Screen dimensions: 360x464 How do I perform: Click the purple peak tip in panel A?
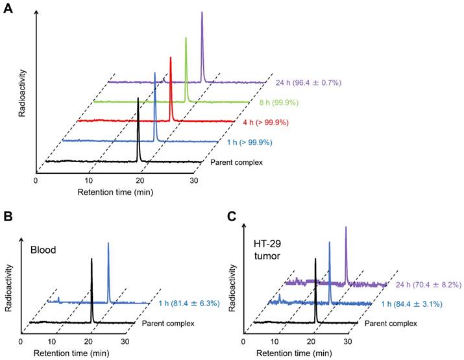point(202,12)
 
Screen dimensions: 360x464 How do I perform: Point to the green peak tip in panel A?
point(186,38)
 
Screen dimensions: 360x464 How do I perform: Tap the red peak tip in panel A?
point(171,58)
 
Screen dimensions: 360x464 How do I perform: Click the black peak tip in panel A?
point(138,98)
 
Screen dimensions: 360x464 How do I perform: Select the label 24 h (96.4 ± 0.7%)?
point(309,83)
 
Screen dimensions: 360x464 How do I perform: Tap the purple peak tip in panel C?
point(345,227)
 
